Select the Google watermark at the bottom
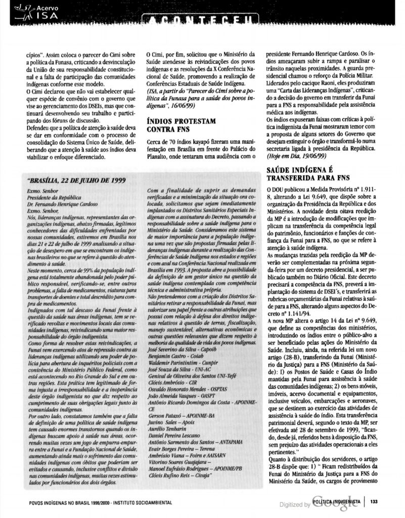pyautogui.click(x=334, y=503)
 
